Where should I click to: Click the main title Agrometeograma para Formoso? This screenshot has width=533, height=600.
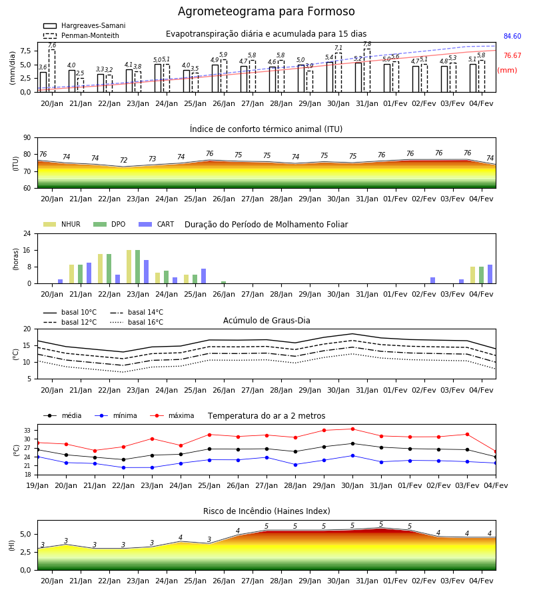[x=266, y=11]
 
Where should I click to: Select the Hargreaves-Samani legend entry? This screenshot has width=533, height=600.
[x=84, y=25]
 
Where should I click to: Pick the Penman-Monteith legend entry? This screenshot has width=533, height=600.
[x=81, y=35]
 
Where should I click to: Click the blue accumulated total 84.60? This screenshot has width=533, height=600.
[x=512, y=37]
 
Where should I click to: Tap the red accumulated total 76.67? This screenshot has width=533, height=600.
[x=512, y=55]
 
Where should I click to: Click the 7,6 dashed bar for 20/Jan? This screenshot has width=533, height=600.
[x=52, y=71]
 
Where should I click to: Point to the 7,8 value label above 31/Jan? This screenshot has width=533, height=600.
[x=367, y=45]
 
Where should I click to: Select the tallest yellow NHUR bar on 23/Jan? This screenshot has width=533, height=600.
[x=129, y=267]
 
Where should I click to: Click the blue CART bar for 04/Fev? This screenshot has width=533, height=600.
[x=490, y=274]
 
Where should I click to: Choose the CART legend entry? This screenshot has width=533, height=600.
[x=156, y=224]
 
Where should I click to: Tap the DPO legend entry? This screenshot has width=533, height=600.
[x=109, y=224]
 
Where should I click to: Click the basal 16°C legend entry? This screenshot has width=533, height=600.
[x=137, y=322]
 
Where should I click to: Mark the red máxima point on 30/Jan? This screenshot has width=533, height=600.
[x=352, y=429]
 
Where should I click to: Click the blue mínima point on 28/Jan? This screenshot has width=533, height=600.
[x=295, y=465]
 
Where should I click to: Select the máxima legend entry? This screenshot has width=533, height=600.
[x=172, y=415]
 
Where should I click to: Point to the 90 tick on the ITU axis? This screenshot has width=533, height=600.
[x=27, y=138]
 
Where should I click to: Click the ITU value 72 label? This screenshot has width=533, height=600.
[x=123, y=160]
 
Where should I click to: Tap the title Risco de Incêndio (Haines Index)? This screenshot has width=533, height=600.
[x=266, y=511]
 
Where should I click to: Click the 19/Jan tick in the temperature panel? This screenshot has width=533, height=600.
[x=37, y=485]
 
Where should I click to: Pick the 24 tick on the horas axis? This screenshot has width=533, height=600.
[x=27, y=233]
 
